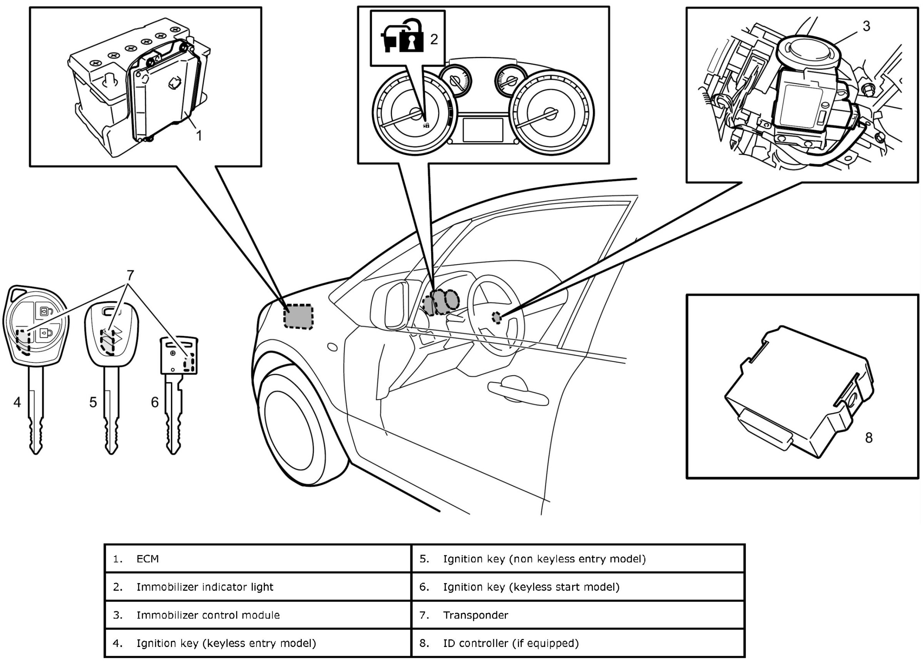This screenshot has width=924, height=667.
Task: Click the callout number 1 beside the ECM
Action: (199, 135)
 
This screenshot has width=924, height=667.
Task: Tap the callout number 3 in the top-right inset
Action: (867, 26)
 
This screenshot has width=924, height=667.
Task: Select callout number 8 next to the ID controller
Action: (869, 438)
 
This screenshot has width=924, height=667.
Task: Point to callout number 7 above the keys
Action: (131, 275)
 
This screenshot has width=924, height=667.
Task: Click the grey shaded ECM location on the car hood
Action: (299, 316)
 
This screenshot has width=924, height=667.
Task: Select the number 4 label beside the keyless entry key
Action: (17, 402)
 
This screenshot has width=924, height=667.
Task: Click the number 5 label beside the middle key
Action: (93, 402)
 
